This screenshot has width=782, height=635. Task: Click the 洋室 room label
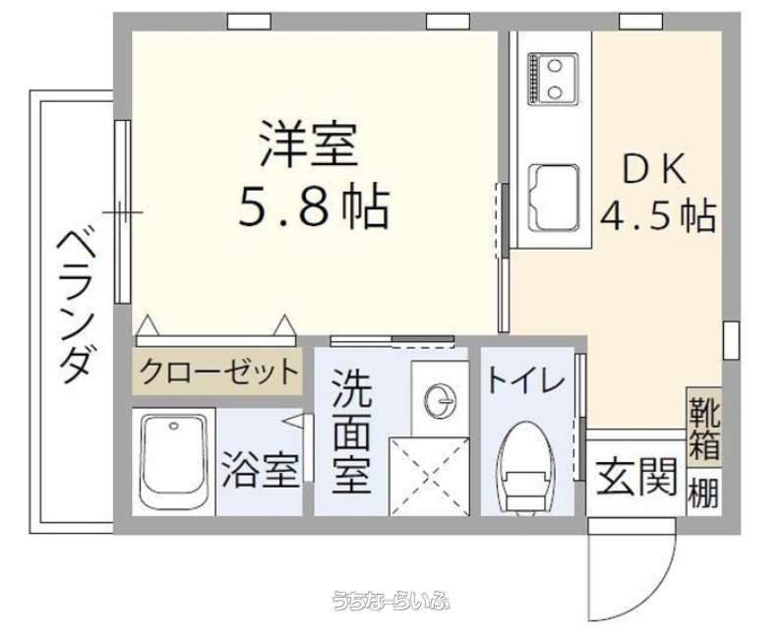(x=309, y=144)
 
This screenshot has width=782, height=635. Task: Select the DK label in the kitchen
(x=653, y=169)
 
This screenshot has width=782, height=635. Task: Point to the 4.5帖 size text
(x=658, y=215)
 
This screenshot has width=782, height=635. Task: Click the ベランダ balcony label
(x=76, y=306)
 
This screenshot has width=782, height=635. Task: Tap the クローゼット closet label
(x=218, y=372)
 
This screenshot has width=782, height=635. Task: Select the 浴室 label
(x=261, y=470)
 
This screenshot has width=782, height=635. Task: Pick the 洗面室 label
(x=352, y=431)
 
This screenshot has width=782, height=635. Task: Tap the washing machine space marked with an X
(x=429, y=477)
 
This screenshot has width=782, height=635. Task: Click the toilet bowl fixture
(x=526, y=467)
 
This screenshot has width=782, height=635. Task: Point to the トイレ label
(x=525, y=380)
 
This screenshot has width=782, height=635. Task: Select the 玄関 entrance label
(x=636, y=477)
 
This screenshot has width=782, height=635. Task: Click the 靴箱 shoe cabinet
(x=704, y=428)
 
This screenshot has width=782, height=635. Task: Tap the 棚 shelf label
(x=704, y=492)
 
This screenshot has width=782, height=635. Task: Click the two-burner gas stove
(x=553, y=80)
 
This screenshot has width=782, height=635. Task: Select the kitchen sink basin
(x=554, y=198)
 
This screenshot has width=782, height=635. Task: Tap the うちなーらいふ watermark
(x=392, y=601)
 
